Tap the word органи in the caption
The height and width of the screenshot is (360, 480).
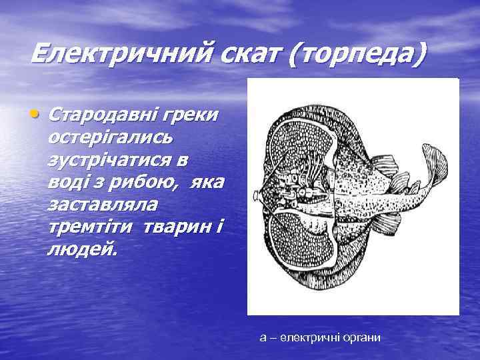click(x=361, y=338)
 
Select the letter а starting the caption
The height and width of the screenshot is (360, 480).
click(x=263, y=338)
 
